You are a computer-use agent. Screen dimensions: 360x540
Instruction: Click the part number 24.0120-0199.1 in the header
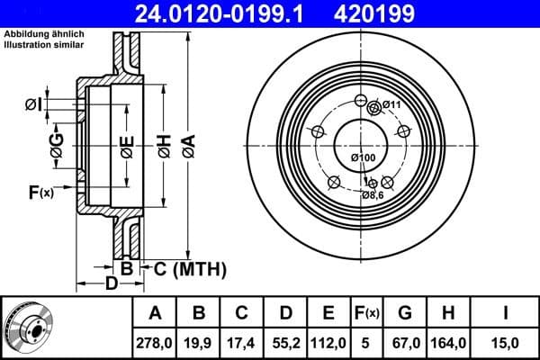click(232, 13)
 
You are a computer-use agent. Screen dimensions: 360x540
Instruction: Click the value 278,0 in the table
click(155, 342)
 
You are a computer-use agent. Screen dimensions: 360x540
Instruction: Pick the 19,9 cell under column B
click(199, 342)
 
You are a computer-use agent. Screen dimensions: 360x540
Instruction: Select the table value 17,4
click(242, 342)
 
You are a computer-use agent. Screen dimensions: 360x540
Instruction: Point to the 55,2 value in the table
click(285, 342)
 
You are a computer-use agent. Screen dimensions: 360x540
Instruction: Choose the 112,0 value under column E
click(328, 342)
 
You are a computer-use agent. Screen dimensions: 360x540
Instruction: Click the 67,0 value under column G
click(405, 342)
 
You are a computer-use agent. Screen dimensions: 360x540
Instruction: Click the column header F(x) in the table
click(368, 313)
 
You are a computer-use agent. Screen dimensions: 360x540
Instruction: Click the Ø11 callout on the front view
click(391, 105)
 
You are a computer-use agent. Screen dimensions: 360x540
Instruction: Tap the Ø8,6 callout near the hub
click(373, 194)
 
